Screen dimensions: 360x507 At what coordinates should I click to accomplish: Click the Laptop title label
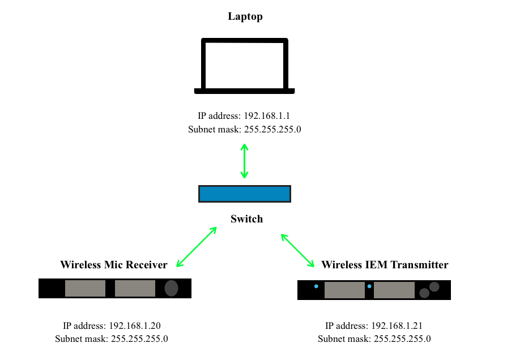[245, 16]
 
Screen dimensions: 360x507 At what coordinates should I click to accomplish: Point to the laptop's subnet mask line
[244, 129]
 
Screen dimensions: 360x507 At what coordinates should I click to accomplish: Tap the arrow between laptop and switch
[244, 161]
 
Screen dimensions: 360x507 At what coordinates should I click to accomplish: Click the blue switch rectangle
[244, 194]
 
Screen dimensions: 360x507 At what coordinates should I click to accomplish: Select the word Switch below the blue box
[246, 218]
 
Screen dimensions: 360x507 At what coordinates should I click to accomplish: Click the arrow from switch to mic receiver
[197, 247]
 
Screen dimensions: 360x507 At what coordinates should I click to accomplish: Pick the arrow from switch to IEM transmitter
[298, 249]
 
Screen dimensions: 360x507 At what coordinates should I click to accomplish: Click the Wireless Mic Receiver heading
[114, 264]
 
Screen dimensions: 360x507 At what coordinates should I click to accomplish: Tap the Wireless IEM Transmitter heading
[385, 264]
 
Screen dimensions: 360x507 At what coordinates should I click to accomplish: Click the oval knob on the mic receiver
[171, 288]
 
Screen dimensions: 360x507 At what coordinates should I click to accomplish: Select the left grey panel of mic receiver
[85, 288]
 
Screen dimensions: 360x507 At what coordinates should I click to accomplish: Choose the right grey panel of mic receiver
[135, 288]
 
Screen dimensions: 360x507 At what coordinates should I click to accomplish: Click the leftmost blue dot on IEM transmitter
[316, 286]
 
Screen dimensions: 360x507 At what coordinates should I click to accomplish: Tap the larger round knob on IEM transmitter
[434, 286]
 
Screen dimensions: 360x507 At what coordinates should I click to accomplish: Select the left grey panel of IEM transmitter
[344, 290]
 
